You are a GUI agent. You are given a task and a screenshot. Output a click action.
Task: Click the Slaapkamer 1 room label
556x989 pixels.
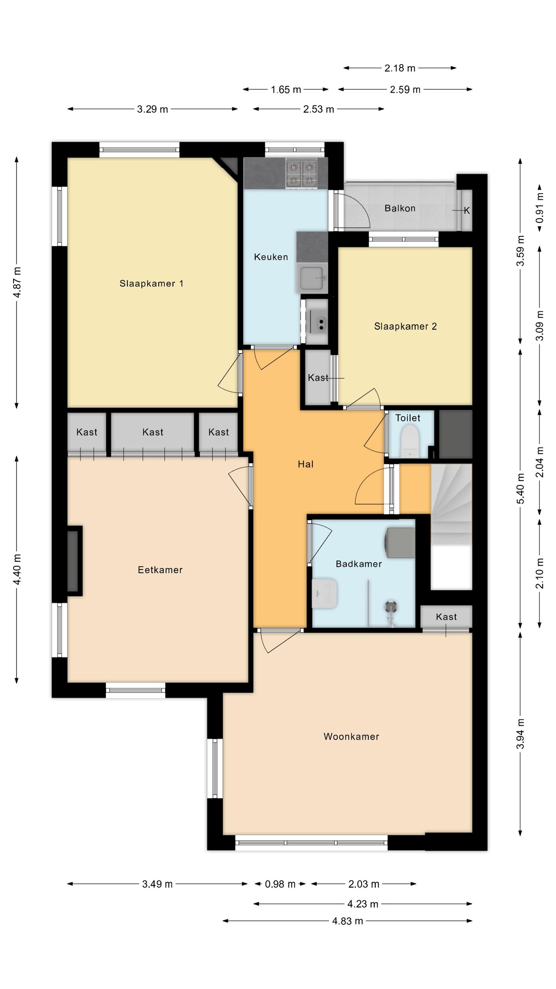point(151,284)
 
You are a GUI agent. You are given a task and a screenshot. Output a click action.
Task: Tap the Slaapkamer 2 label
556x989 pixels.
point(405,326)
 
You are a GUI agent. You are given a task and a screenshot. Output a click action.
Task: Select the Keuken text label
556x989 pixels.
point(271,257)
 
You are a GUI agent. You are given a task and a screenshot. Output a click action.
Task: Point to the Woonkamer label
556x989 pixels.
point(351,736)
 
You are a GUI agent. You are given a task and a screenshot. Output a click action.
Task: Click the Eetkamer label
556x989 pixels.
point(160,570)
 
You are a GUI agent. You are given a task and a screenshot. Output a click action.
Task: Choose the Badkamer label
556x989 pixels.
point(359,564)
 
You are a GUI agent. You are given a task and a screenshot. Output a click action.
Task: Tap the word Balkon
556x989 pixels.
point(400,208)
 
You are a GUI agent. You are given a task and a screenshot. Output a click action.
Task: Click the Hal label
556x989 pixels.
point(305,464)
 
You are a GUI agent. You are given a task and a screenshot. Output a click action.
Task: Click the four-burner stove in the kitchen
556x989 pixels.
point(302,173)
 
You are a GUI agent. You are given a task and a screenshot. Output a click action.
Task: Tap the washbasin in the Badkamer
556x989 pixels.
point(325,593)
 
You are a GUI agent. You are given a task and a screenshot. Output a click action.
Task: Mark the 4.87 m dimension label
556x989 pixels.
point(17,282)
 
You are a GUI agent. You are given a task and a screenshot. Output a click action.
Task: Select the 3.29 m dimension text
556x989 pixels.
point(153,109)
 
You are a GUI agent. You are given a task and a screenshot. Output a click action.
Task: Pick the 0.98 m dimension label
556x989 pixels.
point(280,884)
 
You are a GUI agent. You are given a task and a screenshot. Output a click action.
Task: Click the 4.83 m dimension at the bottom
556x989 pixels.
point(347,921)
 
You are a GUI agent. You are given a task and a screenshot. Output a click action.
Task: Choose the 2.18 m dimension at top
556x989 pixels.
point(400,68)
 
